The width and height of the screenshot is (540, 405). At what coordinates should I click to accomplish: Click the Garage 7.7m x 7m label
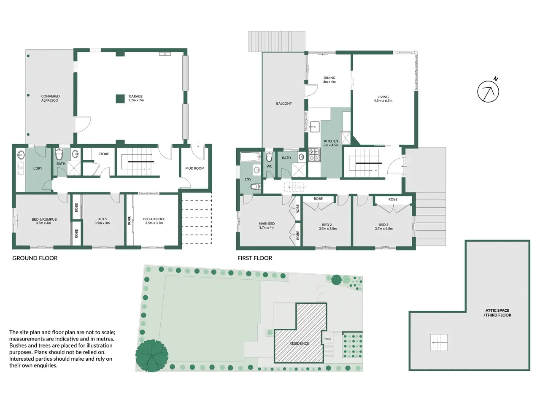pyautogui.click(x=136, y=98)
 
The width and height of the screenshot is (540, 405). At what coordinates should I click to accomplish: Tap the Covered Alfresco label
pyautogui.click(x=50, y=98)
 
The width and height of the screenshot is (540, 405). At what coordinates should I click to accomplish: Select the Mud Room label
pyautogui.click(x=195, y=168)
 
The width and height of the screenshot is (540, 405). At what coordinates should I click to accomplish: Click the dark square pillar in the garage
pyautogui.click(x=120, y=99)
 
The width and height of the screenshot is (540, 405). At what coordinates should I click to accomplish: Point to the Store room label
pyautogui.click(x=104, y=154)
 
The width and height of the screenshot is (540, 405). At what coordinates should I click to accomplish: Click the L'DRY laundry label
pyautogui.click(x=38, y=168)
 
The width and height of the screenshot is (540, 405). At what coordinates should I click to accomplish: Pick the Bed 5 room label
pyautogui.click(x=102, y=221)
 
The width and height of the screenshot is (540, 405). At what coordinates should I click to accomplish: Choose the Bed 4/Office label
pyautogui.click(x=154, y=221)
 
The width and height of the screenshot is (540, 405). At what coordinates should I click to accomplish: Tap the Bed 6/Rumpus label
pyautogui.click(x=44, y=221)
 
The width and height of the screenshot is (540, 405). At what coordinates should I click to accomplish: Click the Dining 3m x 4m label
pyautogui.click(x=329, y=80)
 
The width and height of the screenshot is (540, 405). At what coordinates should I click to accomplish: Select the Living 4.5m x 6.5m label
pyautogui.click(x=383, y=99)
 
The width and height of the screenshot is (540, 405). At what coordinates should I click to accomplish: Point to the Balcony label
pyautogui.click(x=284, y=103)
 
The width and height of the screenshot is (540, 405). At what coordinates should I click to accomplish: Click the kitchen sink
pyautogui.click(x=314, y=127)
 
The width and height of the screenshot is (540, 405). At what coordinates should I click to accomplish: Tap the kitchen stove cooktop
pyautogui.click(x=314, y=155)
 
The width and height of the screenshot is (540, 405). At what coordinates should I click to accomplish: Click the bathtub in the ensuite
pyautogui.click(x=250, y=157)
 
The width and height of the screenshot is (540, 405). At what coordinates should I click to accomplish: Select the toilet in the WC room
pyautogui.click(x=269, y=157)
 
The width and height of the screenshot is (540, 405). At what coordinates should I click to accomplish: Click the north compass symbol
pyautogui.click(x=488, y=91)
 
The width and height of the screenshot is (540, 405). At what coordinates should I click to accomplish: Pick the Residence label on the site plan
pyautogui.click(x=299, y=343)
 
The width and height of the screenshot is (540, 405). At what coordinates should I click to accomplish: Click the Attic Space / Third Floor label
pyautogui.click(x=497, y=313)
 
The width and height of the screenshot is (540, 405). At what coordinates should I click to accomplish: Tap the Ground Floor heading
pyautogui.click(x=35, y=258)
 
